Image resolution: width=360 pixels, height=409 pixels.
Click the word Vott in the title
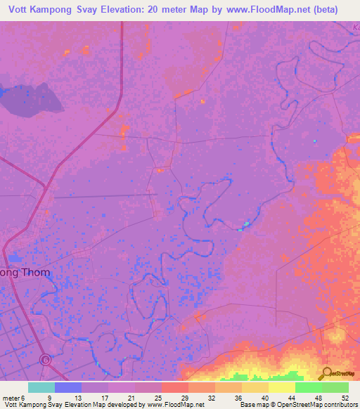[35, 10]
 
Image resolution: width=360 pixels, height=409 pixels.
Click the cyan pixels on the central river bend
[245, 225]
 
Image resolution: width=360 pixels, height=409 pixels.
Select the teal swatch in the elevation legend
[41, 387]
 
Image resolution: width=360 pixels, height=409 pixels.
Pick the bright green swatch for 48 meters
[308, 387]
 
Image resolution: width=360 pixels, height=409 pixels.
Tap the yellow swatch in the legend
[281, 387]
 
